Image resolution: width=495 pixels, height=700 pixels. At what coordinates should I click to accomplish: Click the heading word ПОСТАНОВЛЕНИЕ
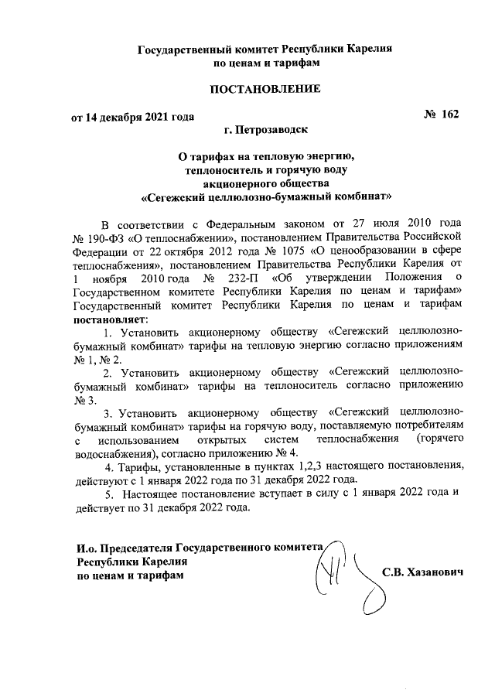(265, 90)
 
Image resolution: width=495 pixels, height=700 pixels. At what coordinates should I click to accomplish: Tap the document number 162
(450, 114)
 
